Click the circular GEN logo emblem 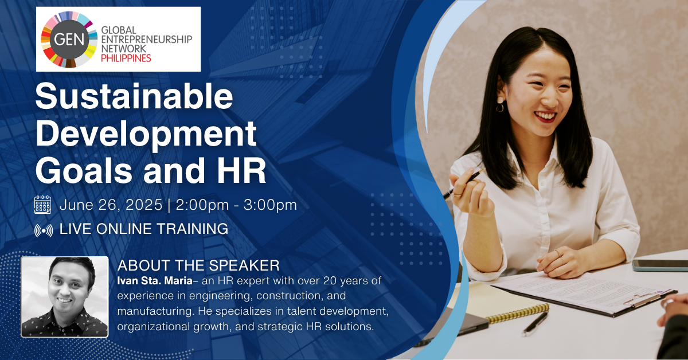[69, 40]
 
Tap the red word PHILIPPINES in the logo [126, 58]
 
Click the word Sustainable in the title [134, 96]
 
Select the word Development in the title [146, 134]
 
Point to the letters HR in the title [241, 170]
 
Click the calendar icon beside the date [42, 205]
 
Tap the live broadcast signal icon [44, 230]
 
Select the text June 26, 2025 [111, 205]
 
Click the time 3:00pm [270, 205]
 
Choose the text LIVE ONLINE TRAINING [144, 229]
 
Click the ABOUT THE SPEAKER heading [198, 265]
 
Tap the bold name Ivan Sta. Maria [155, 280]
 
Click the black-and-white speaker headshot [64, 297]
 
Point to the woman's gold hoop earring [500, 108]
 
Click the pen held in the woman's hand [464, 183]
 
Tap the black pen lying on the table [535, 323]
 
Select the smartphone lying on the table [660, 265]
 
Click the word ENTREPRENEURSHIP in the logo [147, 40]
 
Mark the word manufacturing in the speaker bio [155, 311]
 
